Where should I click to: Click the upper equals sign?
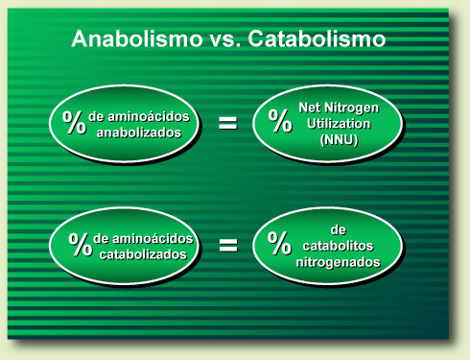[x=228, y=122]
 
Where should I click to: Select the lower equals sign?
[x=228, y=245]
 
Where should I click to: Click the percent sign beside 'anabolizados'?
[x=74, y=122]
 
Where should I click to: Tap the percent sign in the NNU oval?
[x=280, y=121]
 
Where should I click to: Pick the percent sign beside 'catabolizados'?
[x=80, y=244]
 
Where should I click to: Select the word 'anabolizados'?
[x=145, y=132]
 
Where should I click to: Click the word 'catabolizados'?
[x=149, y=253]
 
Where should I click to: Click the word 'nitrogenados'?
[x=338, y=260]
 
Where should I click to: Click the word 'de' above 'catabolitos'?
[x=337, y=229]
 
